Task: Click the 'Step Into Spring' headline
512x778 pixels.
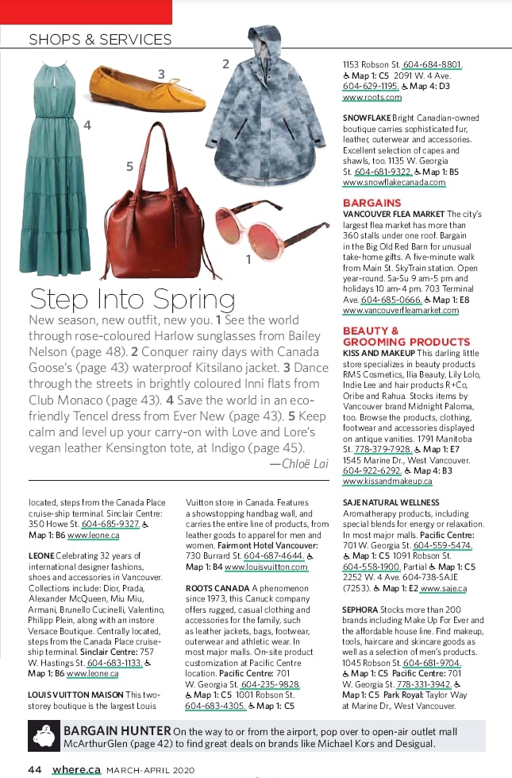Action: coord(132,300)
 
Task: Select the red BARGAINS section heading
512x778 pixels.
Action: coord(371,203)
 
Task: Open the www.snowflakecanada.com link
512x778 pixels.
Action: coord(394,182)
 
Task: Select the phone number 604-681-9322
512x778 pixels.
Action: coord(383,172)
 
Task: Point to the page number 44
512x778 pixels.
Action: coord(34,769)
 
